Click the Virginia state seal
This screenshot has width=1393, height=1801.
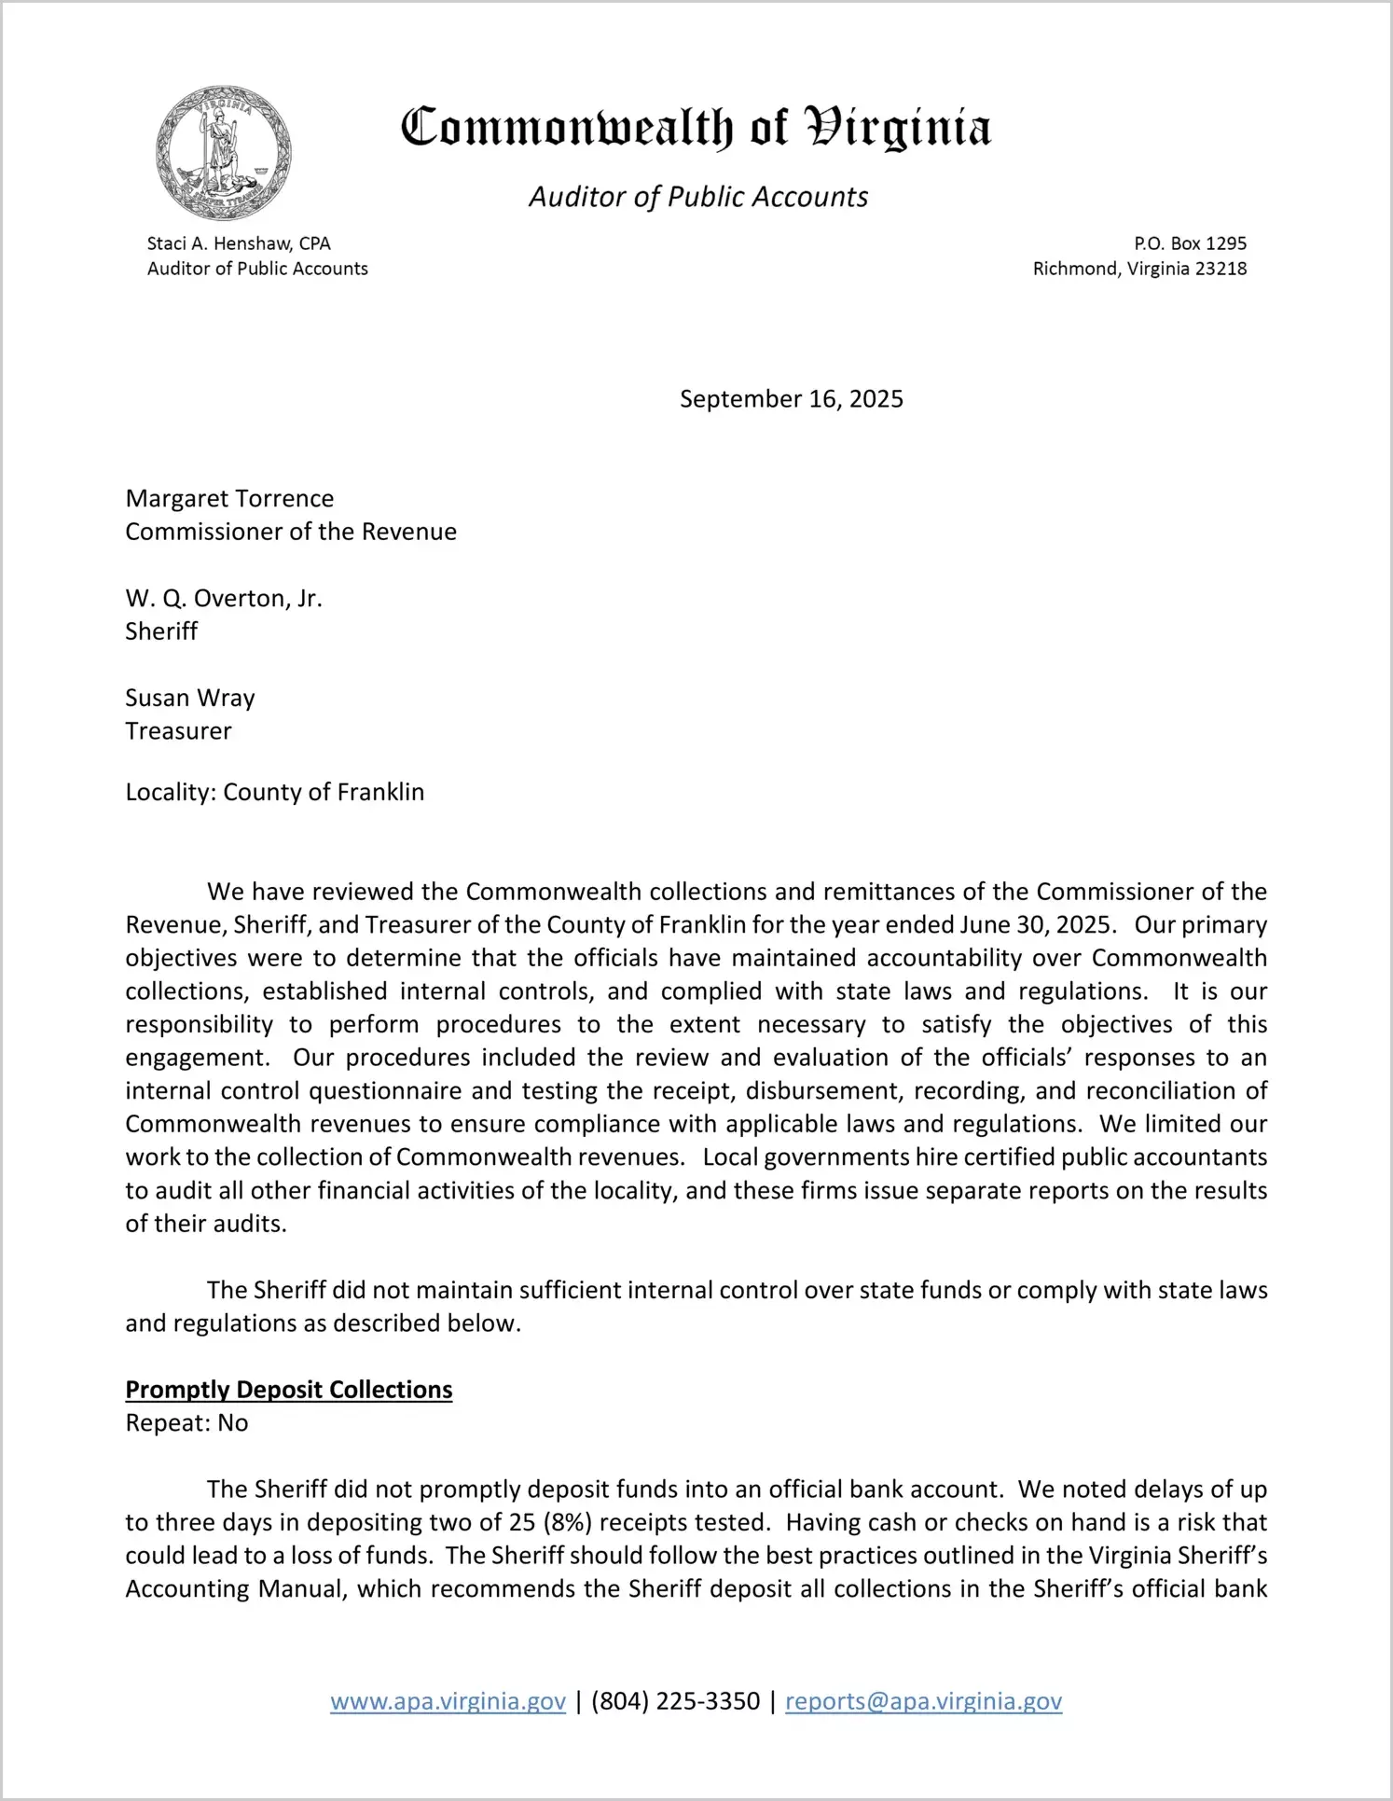click(223, 153)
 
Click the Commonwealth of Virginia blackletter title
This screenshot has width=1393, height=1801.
click(696, 128)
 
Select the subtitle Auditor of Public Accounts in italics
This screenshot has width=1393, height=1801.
click(698, 197)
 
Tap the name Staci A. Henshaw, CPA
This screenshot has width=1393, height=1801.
click(239, 243)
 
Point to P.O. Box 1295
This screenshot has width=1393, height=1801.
click(1190, 243)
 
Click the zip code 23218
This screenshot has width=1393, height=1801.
click(1221, 269)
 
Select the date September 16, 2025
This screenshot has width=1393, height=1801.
click(791, 399)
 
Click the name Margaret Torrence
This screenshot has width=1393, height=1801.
click(229, 499)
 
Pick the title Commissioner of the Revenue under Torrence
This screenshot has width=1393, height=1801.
click(291, 532)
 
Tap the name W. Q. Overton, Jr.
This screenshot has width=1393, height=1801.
click(224, 599)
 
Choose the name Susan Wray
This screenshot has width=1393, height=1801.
click(190, 699)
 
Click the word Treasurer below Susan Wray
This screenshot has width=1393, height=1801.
click(178, 731)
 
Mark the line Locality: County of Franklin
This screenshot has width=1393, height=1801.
click(275, 793)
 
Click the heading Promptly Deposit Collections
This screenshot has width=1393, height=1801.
click(289, 1390)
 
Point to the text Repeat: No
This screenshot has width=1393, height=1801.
click(186, 1423)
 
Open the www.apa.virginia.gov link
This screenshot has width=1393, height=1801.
click(448, 1701)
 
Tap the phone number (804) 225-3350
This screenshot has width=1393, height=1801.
click(675, 1701)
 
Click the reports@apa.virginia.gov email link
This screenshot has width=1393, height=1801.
click(923, 1701)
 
